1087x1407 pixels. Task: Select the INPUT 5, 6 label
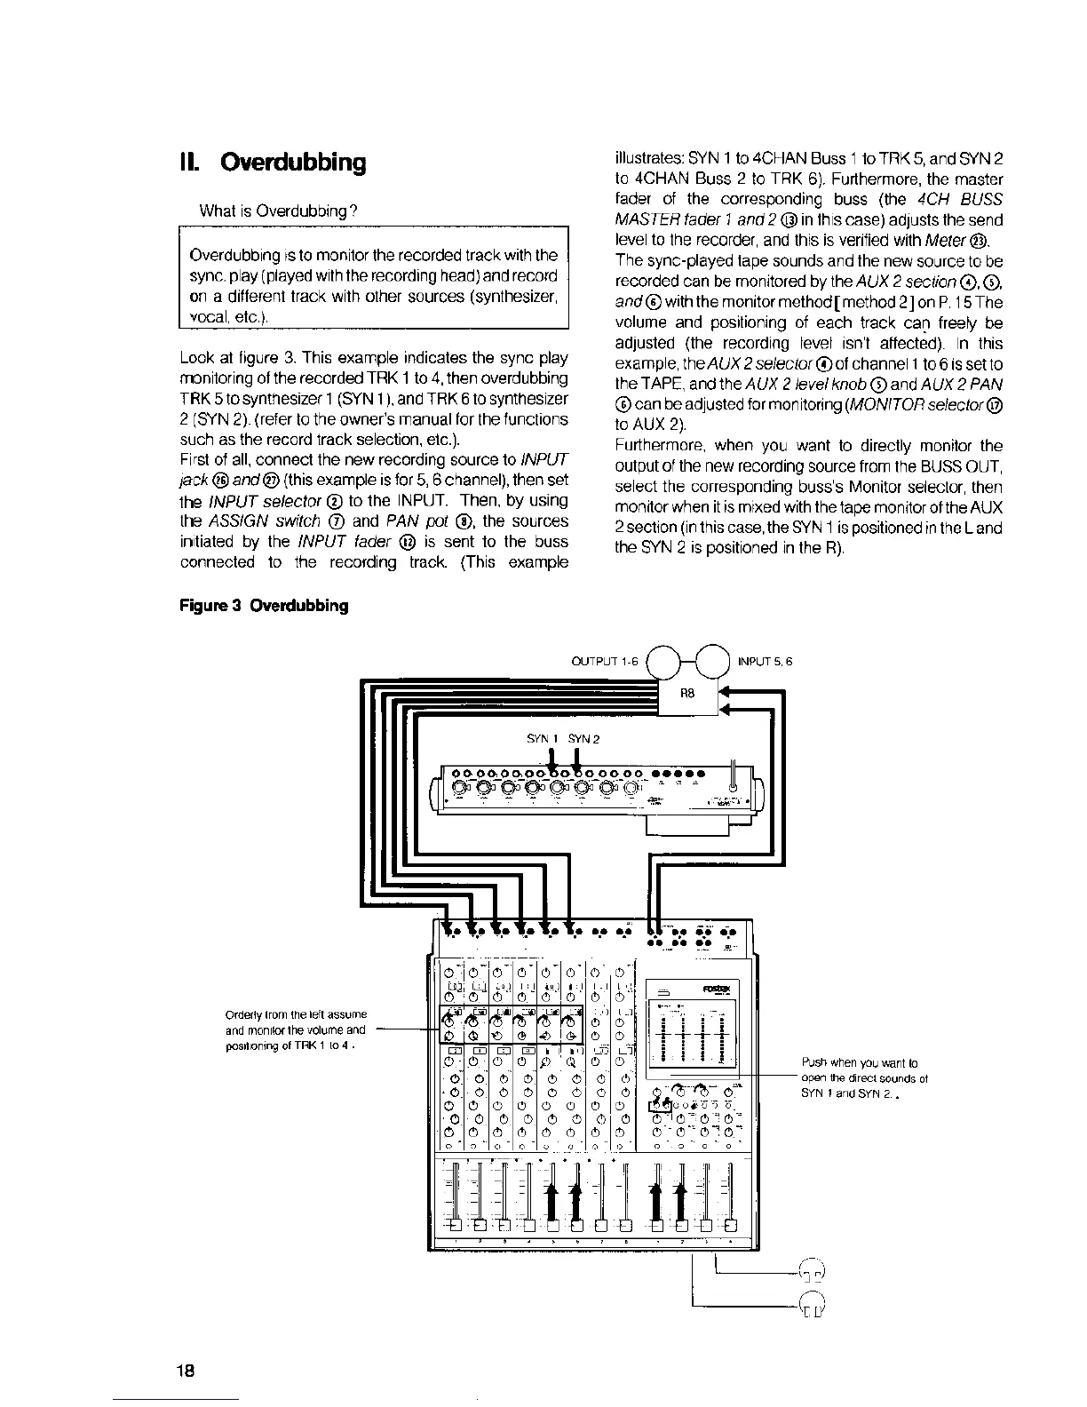point(765,662)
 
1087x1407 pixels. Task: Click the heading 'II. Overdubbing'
point(272,163)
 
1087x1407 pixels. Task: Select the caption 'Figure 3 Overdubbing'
point(264,606)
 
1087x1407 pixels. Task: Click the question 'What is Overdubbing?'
point(279,211)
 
